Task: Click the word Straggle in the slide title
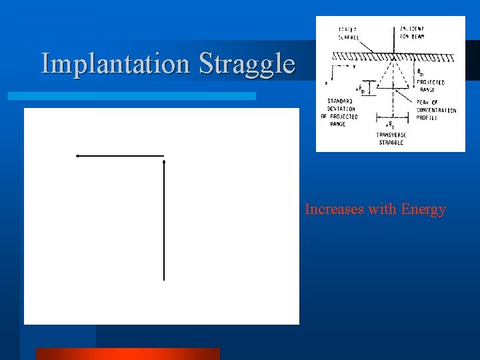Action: [247, 64]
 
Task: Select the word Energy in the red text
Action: [423, 209]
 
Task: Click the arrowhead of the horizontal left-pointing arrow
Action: [78, 155]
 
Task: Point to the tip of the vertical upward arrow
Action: [163, 161]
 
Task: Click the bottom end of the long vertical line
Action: [163, 280]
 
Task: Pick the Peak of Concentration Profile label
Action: [436, 109]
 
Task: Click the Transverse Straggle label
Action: [391, 139]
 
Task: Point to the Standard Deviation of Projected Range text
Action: [343, 113]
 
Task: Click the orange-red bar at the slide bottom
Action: [127, 353]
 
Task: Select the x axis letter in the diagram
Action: [326, 84]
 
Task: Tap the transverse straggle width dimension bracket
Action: [387, 124]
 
